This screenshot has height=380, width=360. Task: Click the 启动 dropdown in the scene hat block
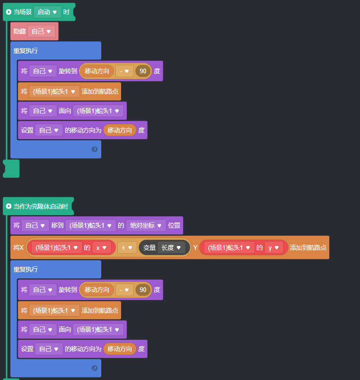tap(47, 12)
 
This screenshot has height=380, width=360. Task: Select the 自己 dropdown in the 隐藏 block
tap(41, 31)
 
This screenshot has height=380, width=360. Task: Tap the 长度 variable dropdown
tap(171, 247)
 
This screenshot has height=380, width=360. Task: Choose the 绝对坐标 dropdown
tap(146, 226)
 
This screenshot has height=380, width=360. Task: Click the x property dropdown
tap(102, 247)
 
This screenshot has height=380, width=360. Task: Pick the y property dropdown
tap(274, 247)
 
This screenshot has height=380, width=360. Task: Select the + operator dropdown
tap(127, 247)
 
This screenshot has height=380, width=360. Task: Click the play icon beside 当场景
tap(9, 12)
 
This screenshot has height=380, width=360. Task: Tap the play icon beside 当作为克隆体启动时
tap(9, 206)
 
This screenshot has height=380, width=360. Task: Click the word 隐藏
tap(19, 31)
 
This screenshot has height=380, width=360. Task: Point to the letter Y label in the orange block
tap(195, 247)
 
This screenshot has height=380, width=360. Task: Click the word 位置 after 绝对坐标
tap(174, 226)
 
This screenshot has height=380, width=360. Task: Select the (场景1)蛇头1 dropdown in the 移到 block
tap(91, 226)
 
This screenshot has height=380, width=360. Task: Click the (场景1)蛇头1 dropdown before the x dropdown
tap(56, 247)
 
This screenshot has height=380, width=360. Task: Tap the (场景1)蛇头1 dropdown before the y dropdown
tap(229, 247)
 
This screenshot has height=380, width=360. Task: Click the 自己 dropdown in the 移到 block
tap(35, 226)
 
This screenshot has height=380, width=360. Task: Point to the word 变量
tap(149, 247)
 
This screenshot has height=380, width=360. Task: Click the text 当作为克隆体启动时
tap(41, 206)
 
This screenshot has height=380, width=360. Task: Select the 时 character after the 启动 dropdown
tap(66, 12)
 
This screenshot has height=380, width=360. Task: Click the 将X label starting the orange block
tap(18, 247)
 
